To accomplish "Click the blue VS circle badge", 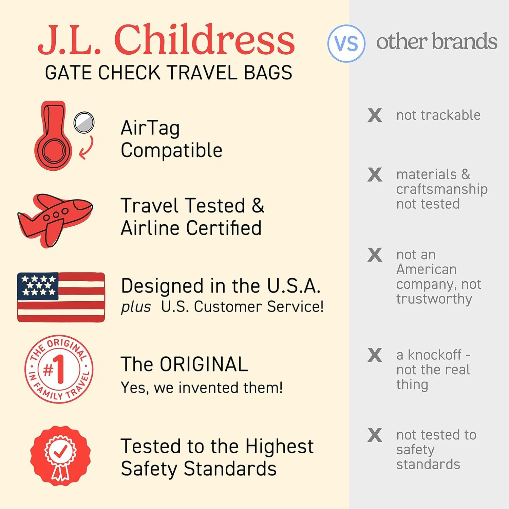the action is [346, 43].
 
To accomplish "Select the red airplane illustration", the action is [55, 219].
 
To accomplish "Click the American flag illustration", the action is [61, 297].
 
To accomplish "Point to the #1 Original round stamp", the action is [58, 369].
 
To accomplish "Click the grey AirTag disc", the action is [84, 122].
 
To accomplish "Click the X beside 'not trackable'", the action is [375, 115].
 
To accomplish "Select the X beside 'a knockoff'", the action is [375, 355].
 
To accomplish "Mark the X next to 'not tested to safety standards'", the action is [375, 435].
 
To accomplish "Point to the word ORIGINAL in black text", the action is [204, 364].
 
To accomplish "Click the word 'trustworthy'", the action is [434, 299].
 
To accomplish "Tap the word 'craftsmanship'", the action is [442, 189].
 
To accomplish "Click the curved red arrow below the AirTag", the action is [87, 148].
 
